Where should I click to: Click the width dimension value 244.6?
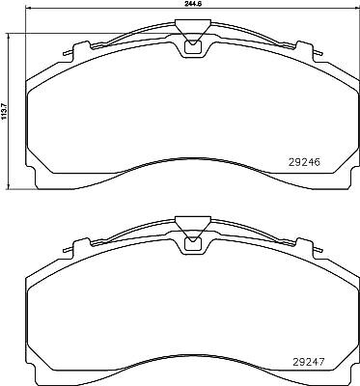192,3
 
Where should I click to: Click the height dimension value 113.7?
4,112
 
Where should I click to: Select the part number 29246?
304,163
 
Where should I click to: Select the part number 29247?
308,362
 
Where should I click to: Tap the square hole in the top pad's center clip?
192,47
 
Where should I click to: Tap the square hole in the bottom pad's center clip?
192,244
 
